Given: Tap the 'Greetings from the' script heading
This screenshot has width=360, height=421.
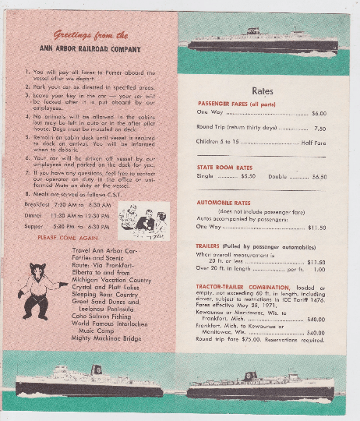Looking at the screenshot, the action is click(91, 35).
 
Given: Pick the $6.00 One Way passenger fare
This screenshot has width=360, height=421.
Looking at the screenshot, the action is click(318, 114).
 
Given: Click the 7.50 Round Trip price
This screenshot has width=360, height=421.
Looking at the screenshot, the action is click(319, 128).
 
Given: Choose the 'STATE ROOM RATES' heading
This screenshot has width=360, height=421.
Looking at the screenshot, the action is click(228, 167).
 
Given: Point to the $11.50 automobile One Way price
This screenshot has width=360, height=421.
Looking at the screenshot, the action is click(316, 228).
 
